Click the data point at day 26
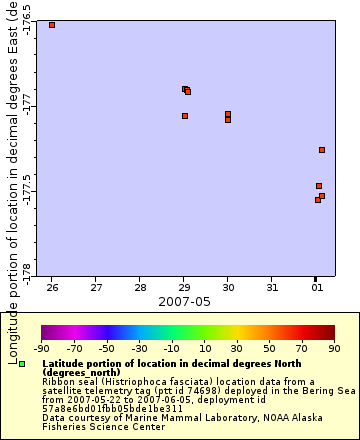point(52,25)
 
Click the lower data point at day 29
point(185,116)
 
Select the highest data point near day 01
point(322,150)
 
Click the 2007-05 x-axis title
point(184,301)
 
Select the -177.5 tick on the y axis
point(26,188)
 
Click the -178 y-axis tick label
point(26,270)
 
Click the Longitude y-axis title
point(12,180)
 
